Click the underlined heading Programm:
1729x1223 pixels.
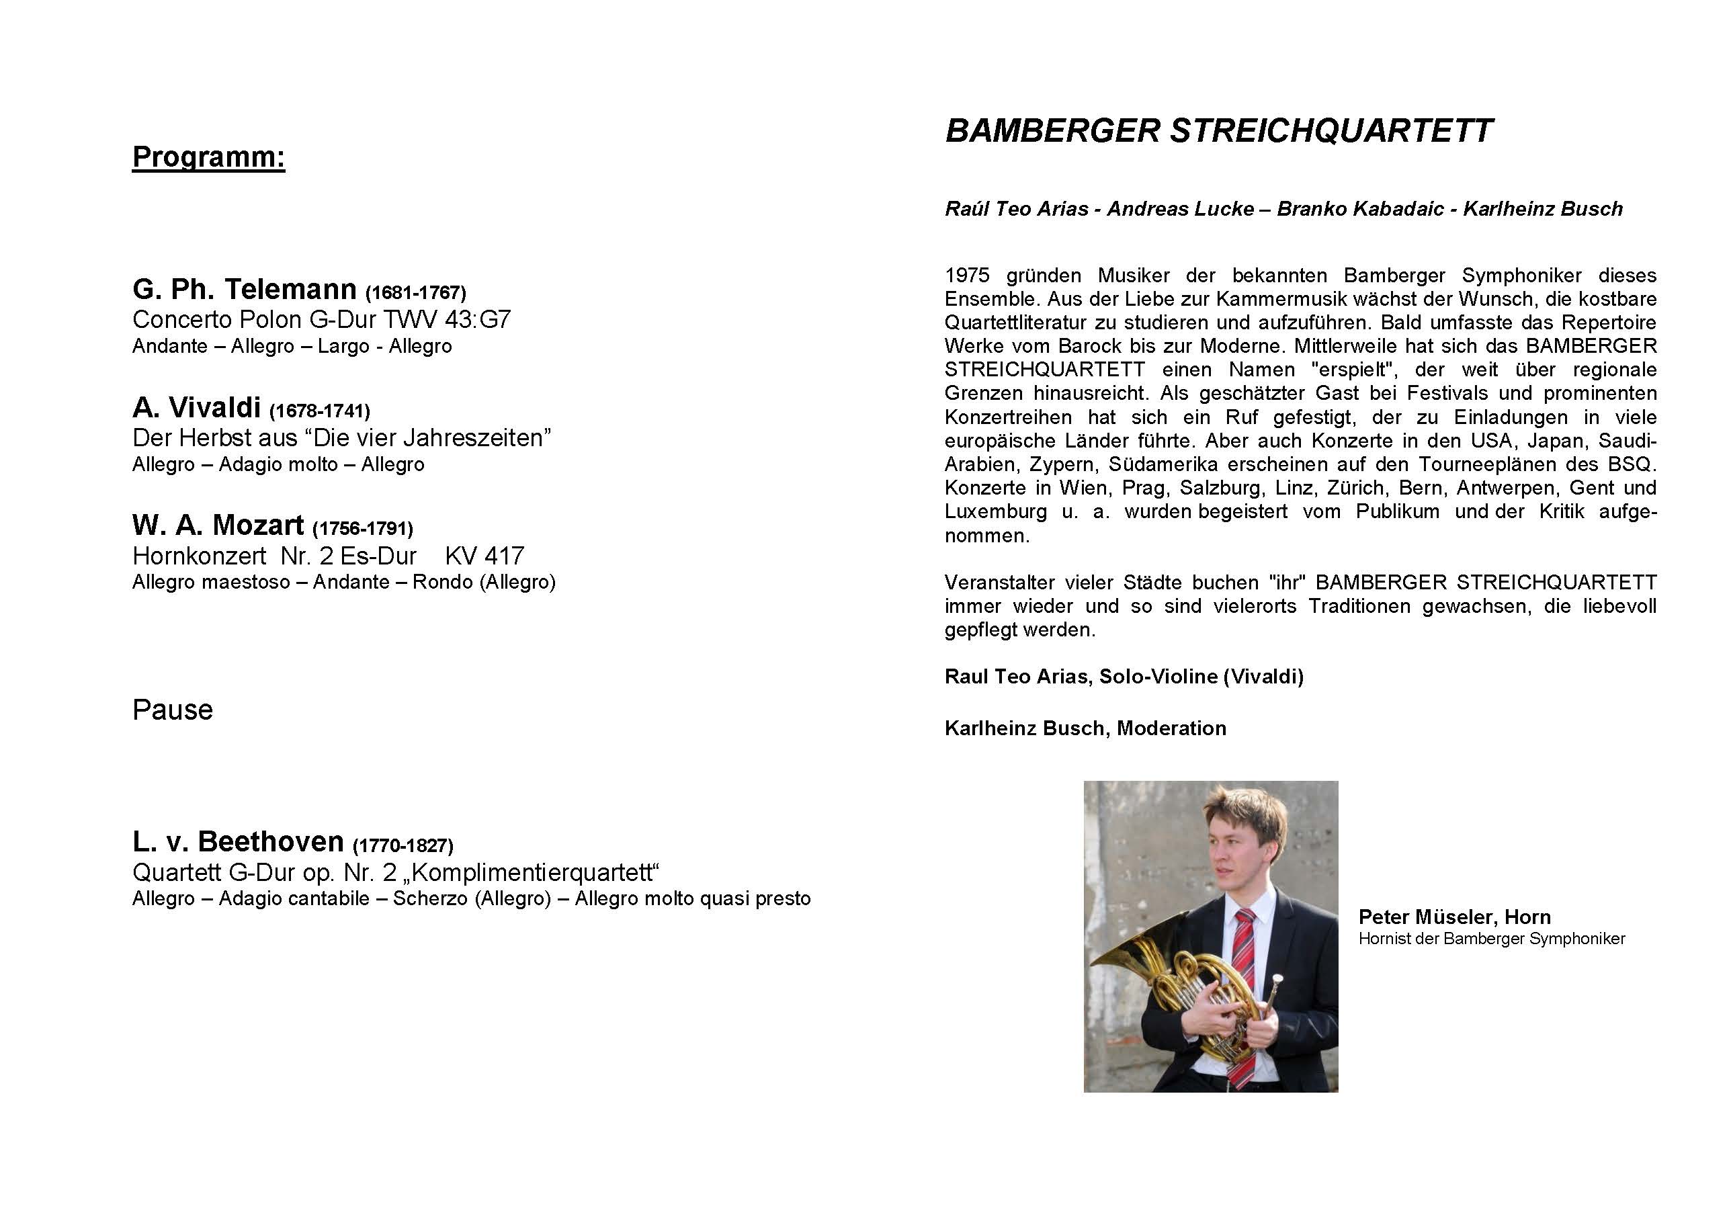click(x=208, y=157)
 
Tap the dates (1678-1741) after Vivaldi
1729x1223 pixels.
click(x=319, y=411)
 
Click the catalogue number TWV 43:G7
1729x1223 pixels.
click(x=447, y=319)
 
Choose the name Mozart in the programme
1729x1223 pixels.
click(x=257, y=525)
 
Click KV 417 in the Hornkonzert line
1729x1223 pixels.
click(x=484, y=556)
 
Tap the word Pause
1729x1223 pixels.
click(x=173, y=710)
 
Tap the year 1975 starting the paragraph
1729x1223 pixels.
click(x=966, y=276)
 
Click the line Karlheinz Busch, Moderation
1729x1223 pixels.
click(x=1085, y=728)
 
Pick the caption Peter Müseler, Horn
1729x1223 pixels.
click(x=1454, y=917)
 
